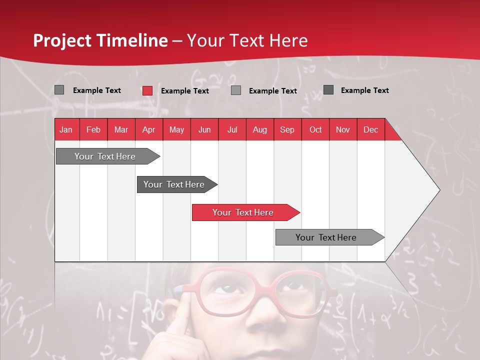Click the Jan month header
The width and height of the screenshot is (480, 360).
click(66, 130)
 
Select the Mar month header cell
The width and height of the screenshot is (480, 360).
click(121, 130)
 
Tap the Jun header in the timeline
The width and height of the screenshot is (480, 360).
click(204, 130)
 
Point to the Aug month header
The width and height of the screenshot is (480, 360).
click(259, 130)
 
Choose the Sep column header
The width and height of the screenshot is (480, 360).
click(287, 130)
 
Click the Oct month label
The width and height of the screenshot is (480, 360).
click(315, 130)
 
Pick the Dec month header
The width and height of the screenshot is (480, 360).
click(370, 130)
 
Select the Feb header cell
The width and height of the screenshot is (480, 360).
click(93, 130)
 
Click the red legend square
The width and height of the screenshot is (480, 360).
click(147, 90)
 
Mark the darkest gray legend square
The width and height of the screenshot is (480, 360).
click(328, 90)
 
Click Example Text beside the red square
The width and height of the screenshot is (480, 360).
click(184, 91)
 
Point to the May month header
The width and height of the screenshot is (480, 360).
click(176, 130)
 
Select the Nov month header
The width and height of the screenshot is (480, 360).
click(342, 130)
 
